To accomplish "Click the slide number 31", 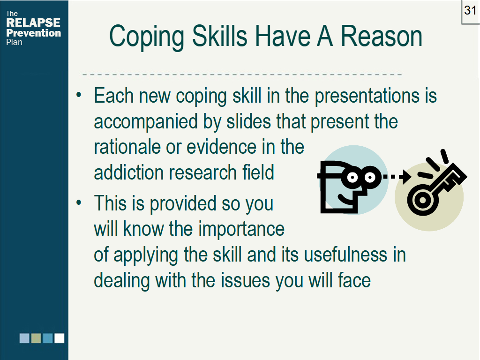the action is [x=470, y=11].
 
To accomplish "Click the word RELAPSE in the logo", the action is [x=33, y=22].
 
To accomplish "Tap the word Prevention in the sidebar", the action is [x=33, y=33].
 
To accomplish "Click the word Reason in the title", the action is [x=382, y=36].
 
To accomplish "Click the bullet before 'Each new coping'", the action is [x=79, y=95].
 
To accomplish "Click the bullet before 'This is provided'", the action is [x=79, y=202].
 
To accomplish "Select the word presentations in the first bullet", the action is [x=367, y=97].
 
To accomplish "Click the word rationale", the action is [x=127, y=147].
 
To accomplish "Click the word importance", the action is [x=241, y=230].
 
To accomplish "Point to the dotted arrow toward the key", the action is [x=397, y=177].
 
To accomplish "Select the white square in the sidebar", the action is [x=60, y=338].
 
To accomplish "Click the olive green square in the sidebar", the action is [x=36, y=338].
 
